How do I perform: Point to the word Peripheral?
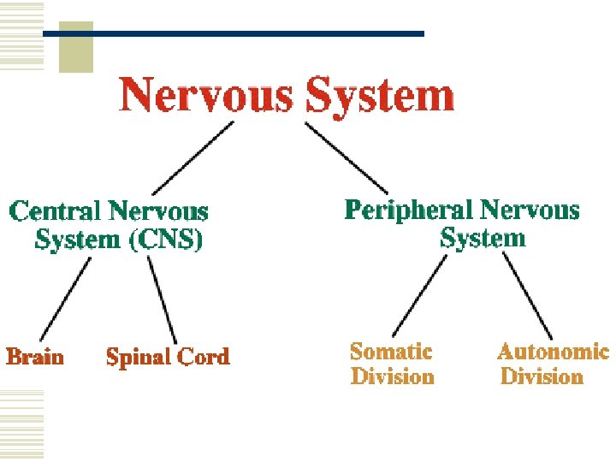(408, 210)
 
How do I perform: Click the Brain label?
(35, 356)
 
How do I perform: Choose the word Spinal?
(135, 357)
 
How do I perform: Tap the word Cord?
(199, 356)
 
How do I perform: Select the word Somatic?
(391, 351)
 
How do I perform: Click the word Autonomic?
(553, 351)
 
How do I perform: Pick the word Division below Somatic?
(392, 376)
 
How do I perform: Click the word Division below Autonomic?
(542, 376)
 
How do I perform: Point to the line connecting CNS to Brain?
(66, 299)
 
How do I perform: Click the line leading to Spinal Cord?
(162, 299)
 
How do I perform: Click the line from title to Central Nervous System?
(192, 157)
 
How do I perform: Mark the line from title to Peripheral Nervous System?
(346, 157)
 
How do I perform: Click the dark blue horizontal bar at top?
(257, 33)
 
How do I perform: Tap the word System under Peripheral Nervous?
(483, 238)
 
